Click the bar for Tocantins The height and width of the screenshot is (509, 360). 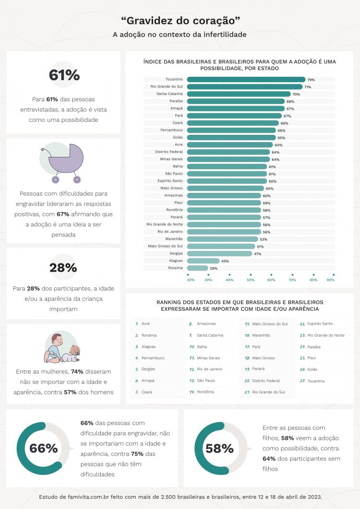pos(246,80)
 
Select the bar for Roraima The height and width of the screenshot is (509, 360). pos(197,268)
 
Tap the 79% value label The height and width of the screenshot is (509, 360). pos(311,80)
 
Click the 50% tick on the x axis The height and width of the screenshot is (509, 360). pos(251,280)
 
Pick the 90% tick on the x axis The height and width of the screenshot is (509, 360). pos(331,280)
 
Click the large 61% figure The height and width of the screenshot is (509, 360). pos(63,75)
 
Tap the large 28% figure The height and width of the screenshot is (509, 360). pos(63,268)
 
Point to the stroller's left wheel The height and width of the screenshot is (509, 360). pos(55,180)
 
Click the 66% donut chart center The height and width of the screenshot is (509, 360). pos(44,448)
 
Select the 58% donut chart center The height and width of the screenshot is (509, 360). pos(219,448)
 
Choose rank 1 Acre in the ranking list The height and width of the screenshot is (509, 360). pos(145,324)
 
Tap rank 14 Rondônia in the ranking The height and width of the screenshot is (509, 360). pos(205,392)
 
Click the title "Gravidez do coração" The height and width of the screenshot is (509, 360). pos(180,21)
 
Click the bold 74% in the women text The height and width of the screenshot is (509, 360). pos(77,371)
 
